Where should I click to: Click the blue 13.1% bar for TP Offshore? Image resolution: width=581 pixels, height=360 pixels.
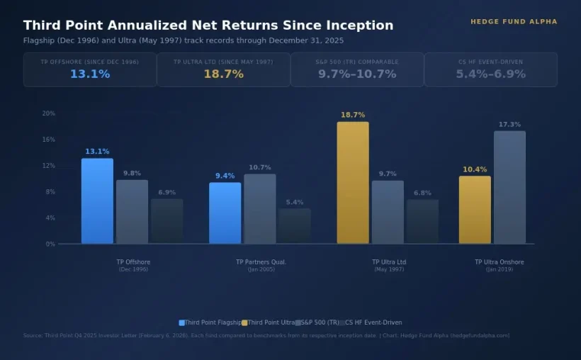(x=97, y=201)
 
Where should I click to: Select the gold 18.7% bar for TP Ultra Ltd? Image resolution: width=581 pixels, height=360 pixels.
(x=353, y=183)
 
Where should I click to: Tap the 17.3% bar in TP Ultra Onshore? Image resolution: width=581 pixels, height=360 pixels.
(x=509, y=188)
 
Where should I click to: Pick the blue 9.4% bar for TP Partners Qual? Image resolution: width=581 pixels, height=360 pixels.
(x=225, y=213)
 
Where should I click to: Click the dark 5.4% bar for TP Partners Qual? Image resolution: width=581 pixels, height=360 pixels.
(x=295, y=226)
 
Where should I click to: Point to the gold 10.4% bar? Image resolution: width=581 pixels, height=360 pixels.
(x=475, y=210)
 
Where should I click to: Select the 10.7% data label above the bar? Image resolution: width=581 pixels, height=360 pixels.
(x=260, y=168)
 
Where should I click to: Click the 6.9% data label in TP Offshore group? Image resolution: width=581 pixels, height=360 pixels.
(x=167, y=193)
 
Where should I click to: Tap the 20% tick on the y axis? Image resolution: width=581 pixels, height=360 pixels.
(x=49, y=113)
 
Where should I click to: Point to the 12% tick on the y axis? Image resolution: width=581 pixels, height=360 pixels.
(x=49, y=166)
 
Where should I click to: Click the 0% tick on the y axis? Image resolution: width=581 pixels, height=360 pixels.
(x=50, y=244)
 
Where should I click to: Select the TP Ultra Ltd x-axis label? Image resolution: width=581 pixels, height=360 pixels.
(x=389, y=262)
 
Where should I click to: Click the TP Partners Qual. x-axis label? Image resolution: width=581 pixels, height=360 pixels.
(x=261, y=262)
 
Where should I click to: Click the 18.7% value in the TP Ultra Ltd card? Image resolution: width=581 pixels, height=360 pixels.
(x=223, y=74)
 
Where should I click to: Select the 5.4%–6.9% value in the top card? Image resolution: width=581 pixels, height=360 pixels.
(x=490, y=74)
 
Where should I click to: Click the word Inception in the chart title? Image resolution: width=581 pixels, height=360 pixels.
(x=361, y=26)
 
